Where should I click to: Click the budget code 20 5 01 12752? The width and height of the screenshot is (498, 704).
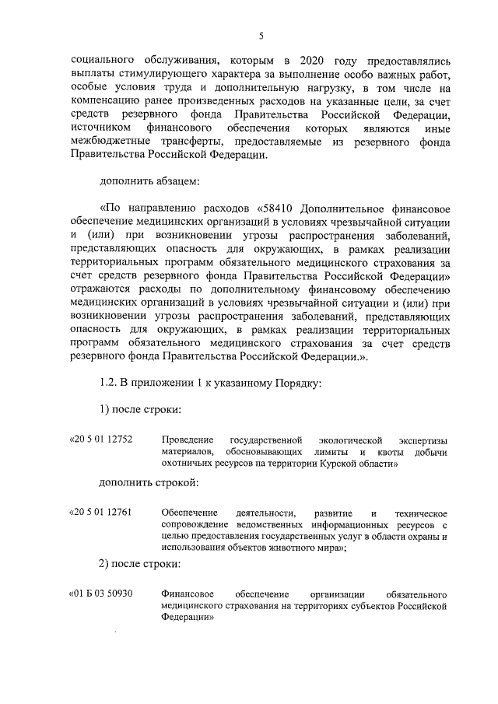click(x=103, y=440)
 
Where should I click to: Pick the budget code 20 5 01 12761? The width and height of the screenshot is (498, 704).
click(x=103, y=512)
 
